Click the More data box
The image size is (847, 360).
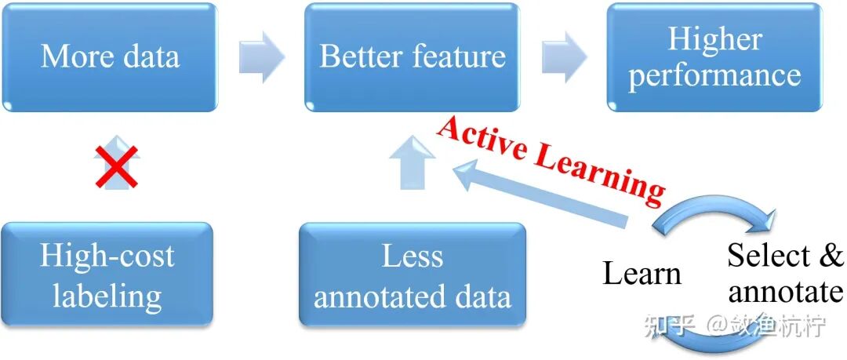(x=109, y=57)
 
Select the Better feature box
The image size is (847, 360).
(x=413, y=57)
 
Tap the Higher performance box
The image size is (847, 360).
(x=714, y=57)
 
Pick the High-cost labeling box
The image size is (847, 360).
(x=107, y=275)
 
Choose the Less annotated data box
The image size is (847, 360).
(x=412, y=275)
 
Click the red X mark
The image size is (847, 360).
(x=116, y=167)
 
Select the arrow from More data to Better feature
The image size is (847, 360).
(x=261, y=56)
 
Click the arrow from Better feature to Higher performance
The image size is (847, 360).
(x=564, y=56)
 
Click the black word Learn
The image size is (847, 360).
(x=642, y=274)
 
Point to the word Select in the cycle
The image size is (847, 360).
(x=768, y=256)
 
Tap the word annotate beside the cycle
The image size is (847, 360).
(x=785, y=292)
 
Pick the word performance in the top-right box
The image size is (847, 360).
(x=714, y=76)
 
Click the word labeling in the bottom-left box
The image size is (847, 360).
(x=107, y=296)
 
